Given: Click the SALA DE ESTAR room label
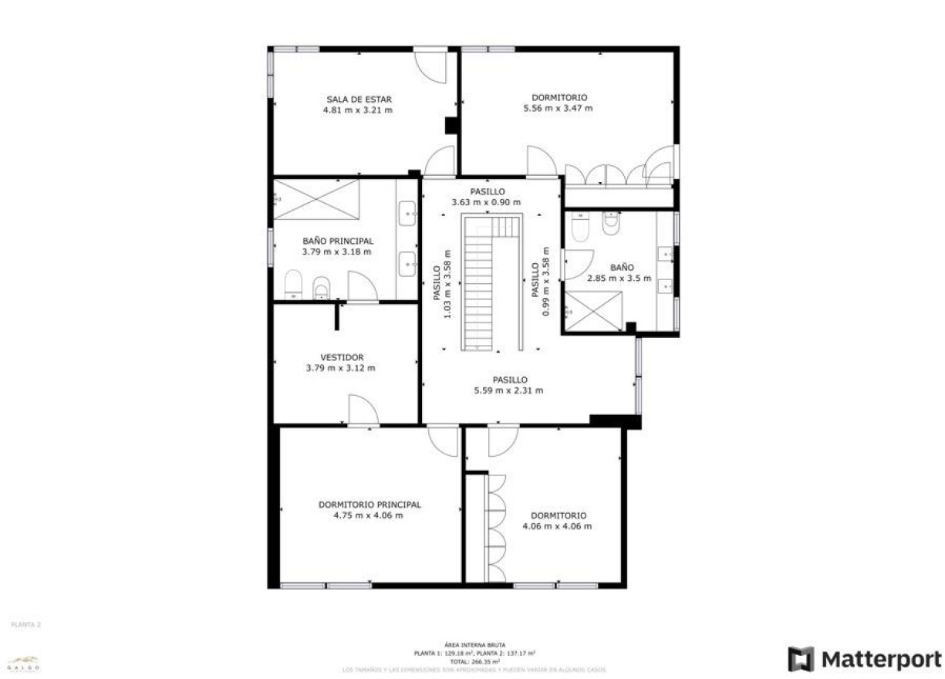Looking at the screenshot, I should pyautogui.click(x=358, y=99).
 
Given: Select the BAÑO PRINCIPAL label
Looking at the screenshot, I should pyautogui.click(x=337, y=241).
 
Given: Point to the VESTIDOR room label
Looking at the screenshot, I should pyautogui.click(x=342, y=357).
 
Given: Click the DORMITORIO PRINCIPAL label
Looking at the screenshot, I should pyautogui.click(x=370, y=505).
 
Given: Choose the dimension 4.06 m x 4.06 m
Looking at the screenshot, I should pyautogui.click(x=557, y=526).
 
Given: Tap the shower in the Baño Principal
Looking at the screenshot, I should pyautogui.click(x=316, y=199).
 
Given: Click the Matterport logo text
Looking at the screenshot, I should pyautogui.click(x=880, y=660).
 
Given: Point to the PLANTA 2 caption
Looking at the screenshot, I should pyautogui.click(x=25, y=624).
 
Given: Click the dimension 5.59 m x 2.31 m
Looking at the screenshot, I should pyautogui.click(x=508, y=390).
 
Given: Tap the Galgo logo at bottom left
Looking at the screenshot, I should pyautogui.click(x=23, y=663).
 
